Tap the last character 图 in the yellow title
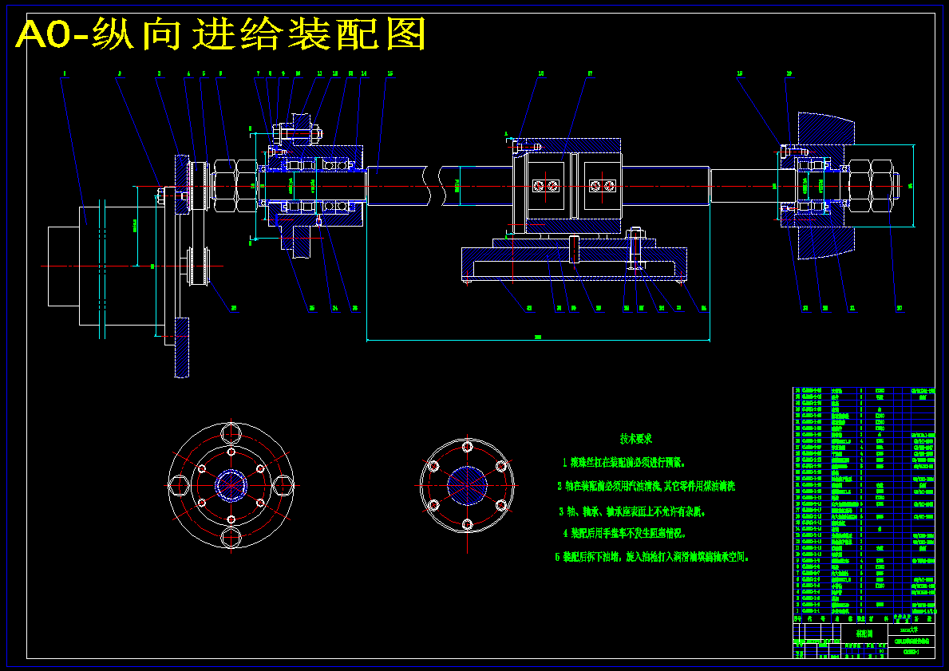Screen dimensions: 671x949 (x=405, y=35)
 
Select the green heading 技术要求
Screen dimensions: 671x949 (x=636, y=438)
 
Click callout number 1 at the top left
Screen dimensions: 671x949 (x=64, y=73)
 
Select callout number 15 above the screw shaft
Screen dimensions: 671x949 (x=389, y=73)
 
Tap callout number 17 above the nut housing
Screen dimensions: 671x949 (x=590, y=73)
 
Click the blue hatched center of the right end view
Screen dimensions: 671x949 (x=467, y=485)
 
